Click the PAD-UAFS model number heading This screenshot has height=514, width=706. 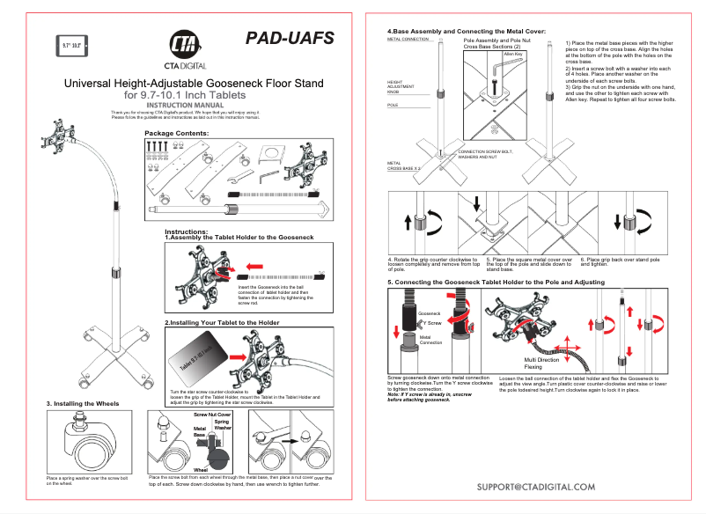[290, 38]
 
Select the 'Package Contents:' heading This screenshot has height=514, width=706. [176, 133]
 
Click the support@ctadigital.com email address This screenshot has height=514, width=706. [536, 486]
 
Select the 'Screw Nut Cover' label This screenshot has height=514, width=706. [212, 413]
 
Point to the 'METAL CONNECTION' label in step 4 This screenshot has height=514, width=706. [408, 40]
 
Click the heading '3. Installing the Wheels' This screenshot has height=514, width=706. [84, 402]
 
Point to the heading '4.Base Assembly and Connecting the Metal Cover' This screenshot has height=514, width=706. [467, 31]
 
